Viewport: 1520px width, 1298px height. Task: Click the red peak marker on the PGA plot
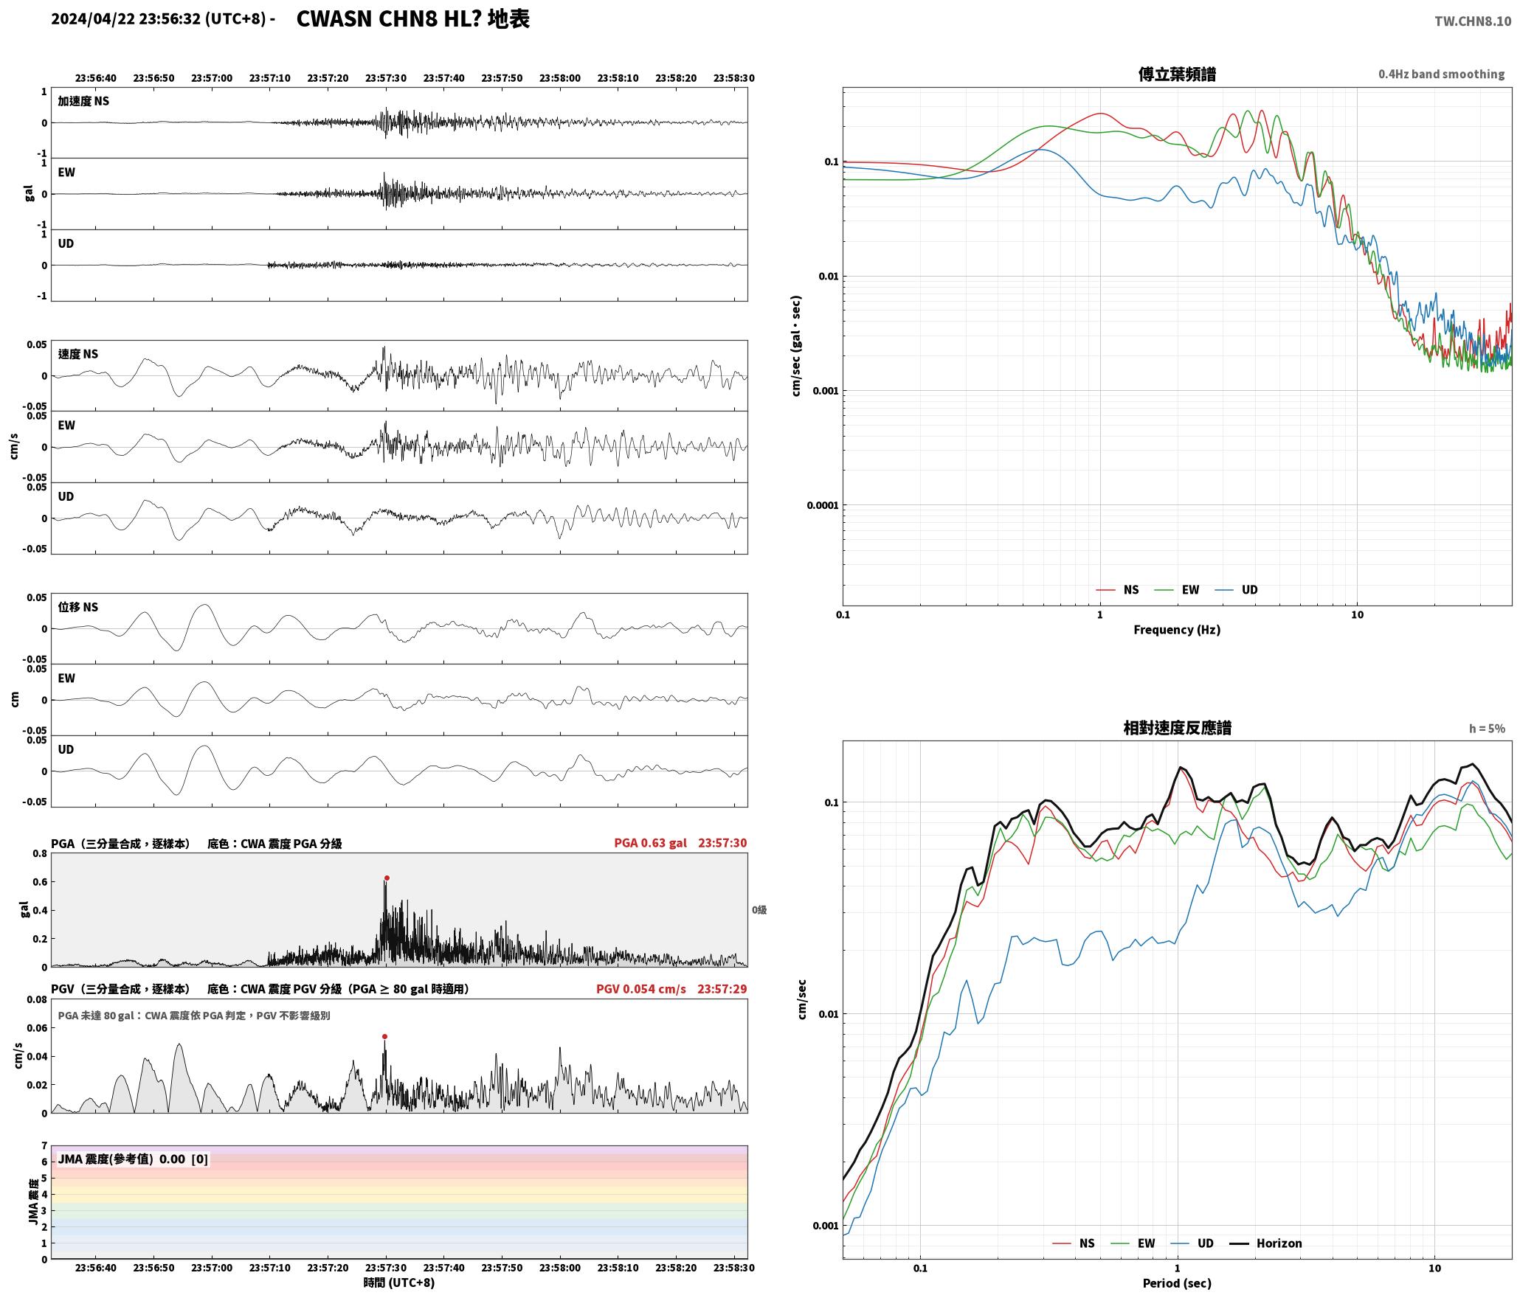click(x=387, y=878)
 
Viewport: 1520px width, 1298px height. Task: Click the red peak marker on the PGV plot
click(x=384, y=1036)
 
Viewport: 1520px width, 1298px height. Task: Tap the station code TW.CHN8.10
click(x=1473, y=21)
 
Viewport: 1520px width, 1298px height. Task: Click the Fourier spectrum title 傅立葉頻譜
click(x=1177, y=74)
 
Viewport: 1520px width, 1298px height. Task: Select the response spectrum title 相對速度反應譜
click(x=1177, y=728)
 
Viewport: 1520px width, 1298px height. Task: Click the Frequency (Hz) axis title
click(x=1177, y=630)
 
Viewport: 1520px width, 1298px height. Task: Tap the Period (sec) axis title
click(x=1177, y=1283)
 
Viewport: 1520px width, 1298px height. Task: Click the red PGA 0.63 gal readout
click(x=650, y=843)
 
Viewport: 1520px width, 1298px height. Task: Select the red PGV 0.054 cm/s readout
click(x=641, y=989)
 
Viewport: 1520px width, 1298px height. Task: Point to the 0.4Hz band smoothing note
click(x=1441, y=74)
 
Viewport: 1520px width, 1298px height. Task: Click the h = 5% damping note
click(x=1487, y=729)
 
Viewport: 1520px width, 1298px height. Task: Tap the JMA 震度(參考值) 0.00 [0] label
click(x=133, y=1159)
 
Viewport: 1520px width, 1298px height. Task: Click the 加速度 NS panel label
click(x=83, y=101)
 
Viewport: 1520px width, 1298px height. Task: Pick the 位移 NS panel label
click(x=78, y=607)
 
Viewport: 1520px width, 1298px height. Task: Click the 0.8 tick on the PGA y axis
click(x=39, y=854)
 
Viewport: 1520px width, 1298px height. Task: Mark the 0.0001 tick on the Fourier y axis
click(x=823, y=505)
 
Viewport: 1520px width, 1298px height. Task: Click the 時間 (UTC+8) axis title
click(x=399, y=1283)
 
